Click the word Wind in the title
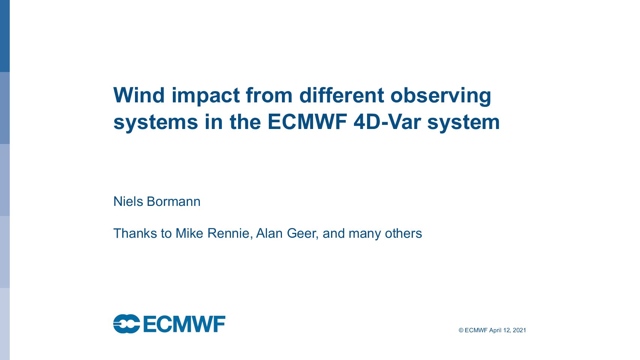pos(139,95)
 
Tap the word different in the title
pos(342,95)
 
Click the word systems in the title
pos(156,122)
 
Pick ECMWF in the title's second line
pos(307,122)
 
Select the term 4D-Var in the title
pos(387,122)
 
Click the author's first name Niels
pos(128,201)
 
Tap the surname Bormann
pos(174,201)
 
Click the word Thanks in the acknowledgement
pos(135,233)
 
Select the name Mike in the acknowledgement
pos(189,233)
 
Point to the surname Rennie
pos(230,234)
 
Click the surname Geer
pos(303,234)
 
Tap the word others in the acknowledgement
pos(403,233)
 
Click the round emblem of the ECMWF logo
pos(127,324)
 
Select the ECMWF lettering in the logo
pos(184,324)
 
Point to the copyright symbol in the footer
pos(461,330)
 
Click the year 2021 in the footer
pos(519,330)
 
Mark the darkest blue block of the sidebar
pos(5,36)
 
